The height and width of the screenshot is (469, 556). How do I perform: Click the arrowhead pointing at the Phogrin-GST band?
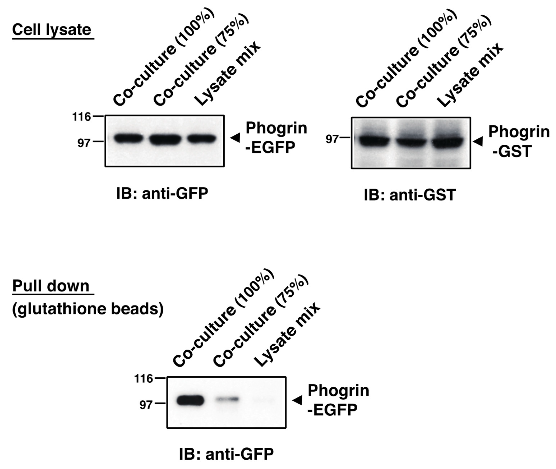point(478,141)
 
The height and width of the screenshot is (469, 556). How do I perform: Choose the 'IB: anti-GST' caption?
point(410,195)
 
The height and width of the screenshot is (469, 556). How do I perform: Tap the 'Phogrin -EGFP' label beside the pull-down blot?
point(338,400)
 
